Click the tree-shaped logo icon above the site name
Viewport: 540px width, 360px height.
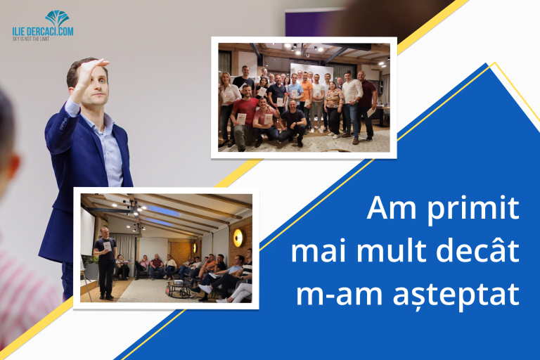[57, 18]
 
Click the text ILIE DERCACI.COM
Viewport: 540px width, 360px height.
[43, 32]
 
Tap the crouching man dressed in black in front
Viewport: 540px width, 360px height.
[292, 120]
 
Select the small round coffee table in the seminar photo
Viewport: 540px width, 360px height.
[176, 285]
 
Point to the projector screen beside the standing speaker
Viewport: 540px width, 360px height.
[87, 233]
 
